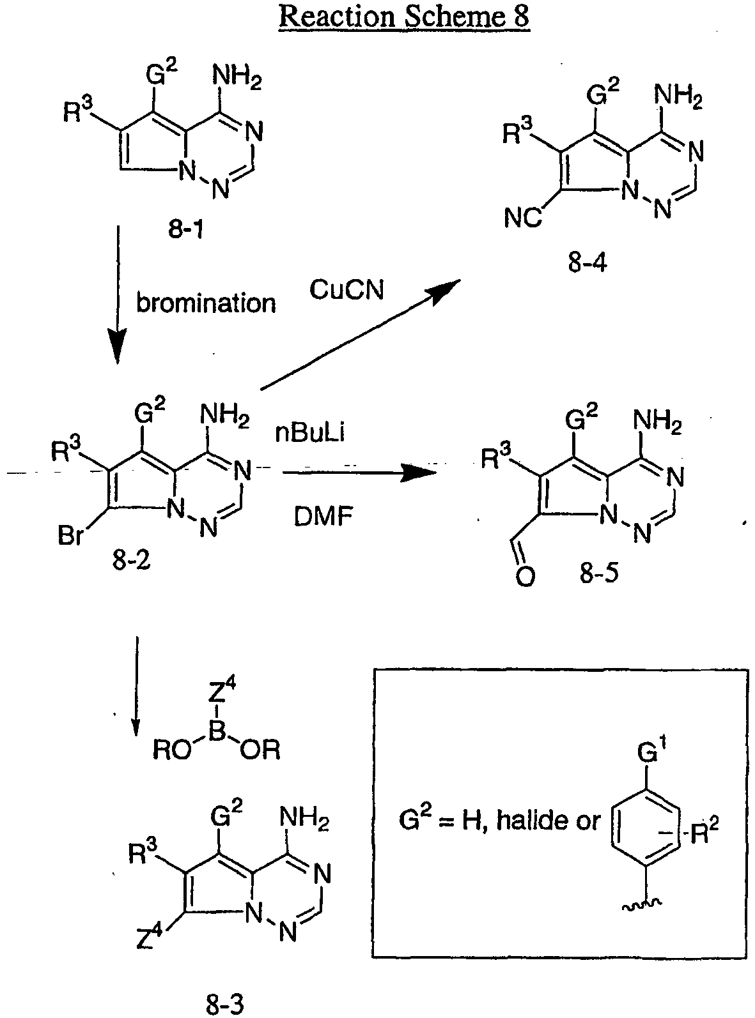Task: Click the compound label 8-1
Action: tap(186, 228)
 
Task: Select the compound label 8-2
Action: tap(132, 559)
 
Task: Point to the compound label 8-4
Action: tap(588, 263)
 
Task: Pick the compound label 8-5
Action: tap(599, 573)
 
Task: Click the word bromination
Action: tap(206, 303)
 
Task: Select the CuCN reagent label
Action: tap(346, 290)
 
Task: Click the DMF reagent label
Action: tap(323, 517)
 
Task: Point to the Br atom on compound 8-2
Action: tap(71, 535)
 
